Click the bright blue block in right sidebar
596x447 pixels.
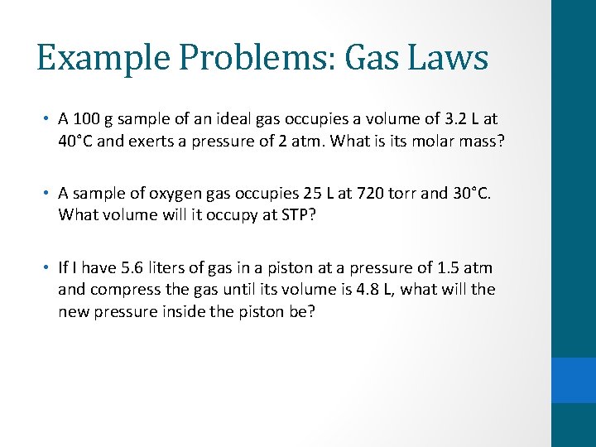pos(574,380)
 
